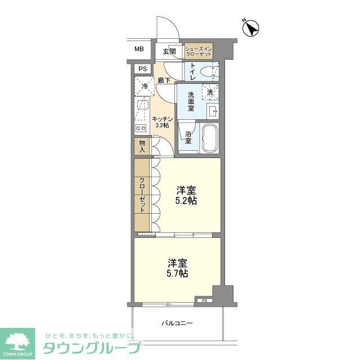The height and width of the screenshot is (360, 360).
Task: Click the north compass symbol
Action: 251,28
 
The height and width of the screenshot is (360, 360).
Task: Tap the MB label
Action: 139,49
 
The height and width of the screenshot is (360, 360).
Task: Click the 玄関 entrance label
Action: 169,51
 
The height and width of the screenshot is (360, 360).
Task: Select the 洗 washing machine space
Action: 210,92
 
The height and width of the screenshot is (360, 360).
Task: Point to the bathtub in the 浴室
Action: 209,138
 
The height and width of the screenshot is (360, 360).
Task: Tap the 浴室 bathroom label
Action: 188,137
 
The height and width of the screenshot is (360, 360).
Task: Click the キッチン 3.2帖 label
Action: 162,122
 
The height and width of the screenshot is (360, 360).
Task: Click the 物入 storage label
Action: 142,147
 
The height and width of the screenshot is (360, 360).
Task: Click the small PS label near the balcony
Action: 204,300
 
